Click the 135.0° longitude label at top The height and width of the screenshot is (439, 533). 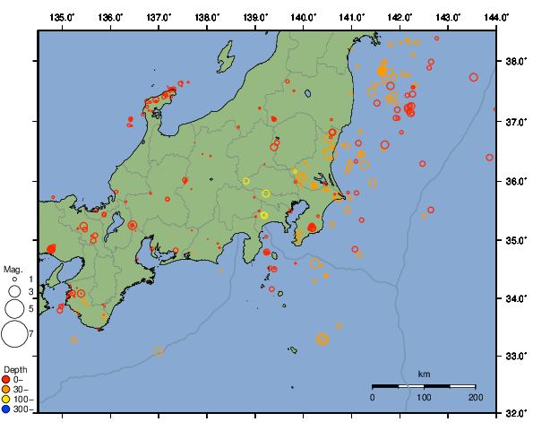(x=62, y=16)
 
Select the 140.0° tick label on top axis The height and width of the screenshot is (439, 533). (x=304, y=16)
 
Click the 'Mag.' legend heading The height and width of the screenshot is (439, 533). (x=13, y=269)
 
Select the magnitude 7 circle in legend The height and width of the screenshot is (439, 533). (x=14, y=334)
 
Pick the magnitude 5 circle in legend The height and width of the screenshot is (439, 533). (x=14, y=309)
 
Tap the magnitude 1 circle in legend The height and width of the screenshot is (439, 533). (x=14, y=280)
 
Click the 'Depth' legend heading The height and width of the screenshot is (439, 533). (x=14, y=369)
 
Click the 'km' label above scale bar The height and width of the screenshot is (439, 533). (x=424, y=374)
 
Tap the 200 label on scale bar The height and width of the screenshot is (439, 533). (x=475, y=396)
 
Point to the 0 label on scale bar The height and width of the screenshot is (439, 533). (x=373, y=396)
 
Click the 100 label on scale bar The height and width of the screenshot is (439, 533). (x=424, y=396)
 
